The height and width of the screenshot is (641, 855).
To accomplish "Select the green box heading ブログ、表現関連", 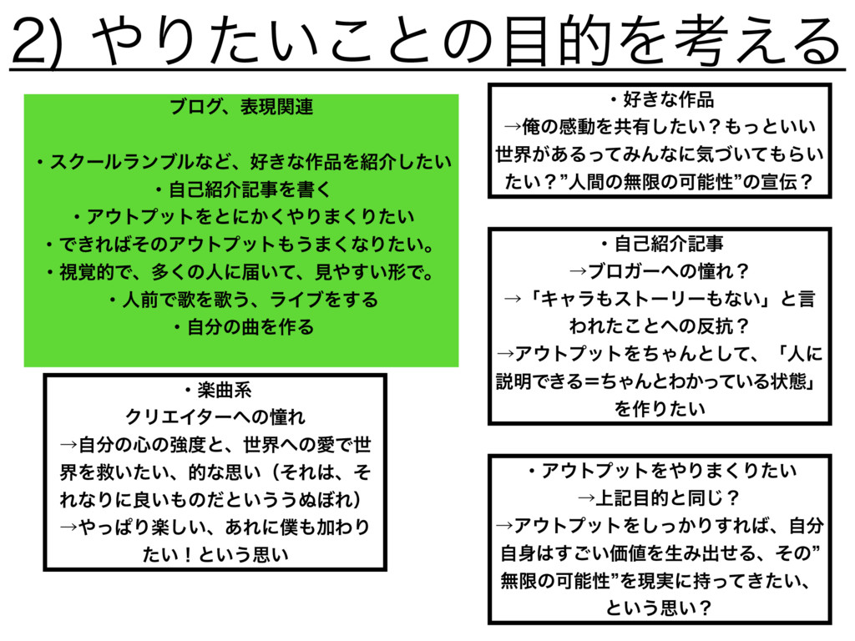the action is click(241, 109).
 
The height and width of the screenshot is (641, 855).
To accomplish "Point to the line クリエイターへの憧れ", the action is click(215, 415).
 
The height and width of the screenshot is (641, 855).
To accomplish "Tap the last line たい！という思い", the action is click(215, 552).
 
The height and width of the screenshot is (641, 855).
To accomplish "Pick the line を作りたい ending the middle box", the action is click(660, 409).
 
